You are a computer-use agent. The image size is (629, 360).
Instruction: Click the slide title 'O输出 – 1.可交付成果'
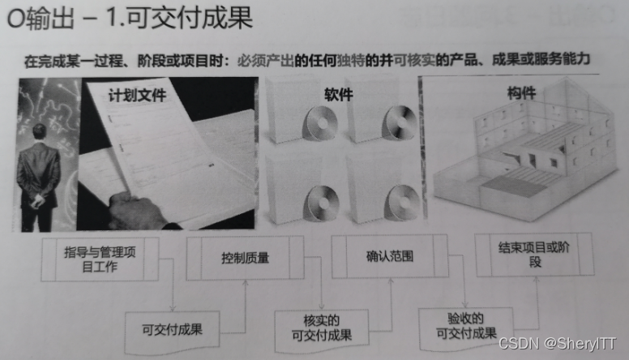(130, 19)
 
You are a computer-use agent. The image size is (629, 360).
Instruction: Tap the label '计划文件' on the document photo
(137, 95)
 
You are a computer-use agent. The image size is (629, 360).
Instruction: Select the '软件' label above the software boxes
(339, 94)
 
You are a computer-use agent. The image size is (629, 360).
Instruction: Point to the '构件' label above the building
(521, 93)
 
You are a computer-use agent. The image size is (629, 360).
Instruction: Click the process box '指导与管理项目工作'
(100, 259)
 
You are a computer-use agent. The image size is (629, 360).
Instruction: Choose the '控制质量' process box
(245, 258)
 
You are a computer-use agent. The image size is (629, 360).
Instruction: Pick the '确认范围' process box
(390, 256)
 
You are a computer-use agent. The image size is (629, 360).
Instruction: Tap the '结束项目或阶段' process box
(534, 255)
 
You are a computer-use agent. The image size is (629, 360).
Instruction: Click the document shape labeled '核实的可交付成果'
(321, 330)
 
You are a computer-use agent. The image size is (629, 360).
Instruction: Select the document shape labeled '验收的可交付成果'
(466, 328)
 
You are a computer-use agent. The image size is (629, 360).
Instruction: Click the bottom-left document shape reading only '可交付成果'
(172, 332)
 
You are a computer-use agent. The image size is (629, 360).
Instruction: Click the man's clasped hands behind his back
(37, 200)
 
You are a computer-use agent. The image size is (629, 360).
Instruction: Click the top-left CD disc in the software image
(319, 122)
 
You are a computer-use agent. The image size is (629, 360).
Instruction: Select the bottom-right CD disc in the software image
(401, 203)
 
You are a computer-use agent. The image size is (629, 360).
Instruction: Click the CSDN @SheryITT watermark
(557, 343)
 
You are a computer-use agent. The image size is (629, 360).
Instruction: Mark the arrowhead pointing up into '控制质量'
(246, 283)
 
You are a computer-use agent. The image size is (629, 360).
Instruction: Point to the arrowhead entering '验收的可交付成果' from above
(465, 305)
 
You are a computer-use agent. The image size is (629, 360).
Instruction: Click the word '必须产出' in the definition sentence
(266, 61)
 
